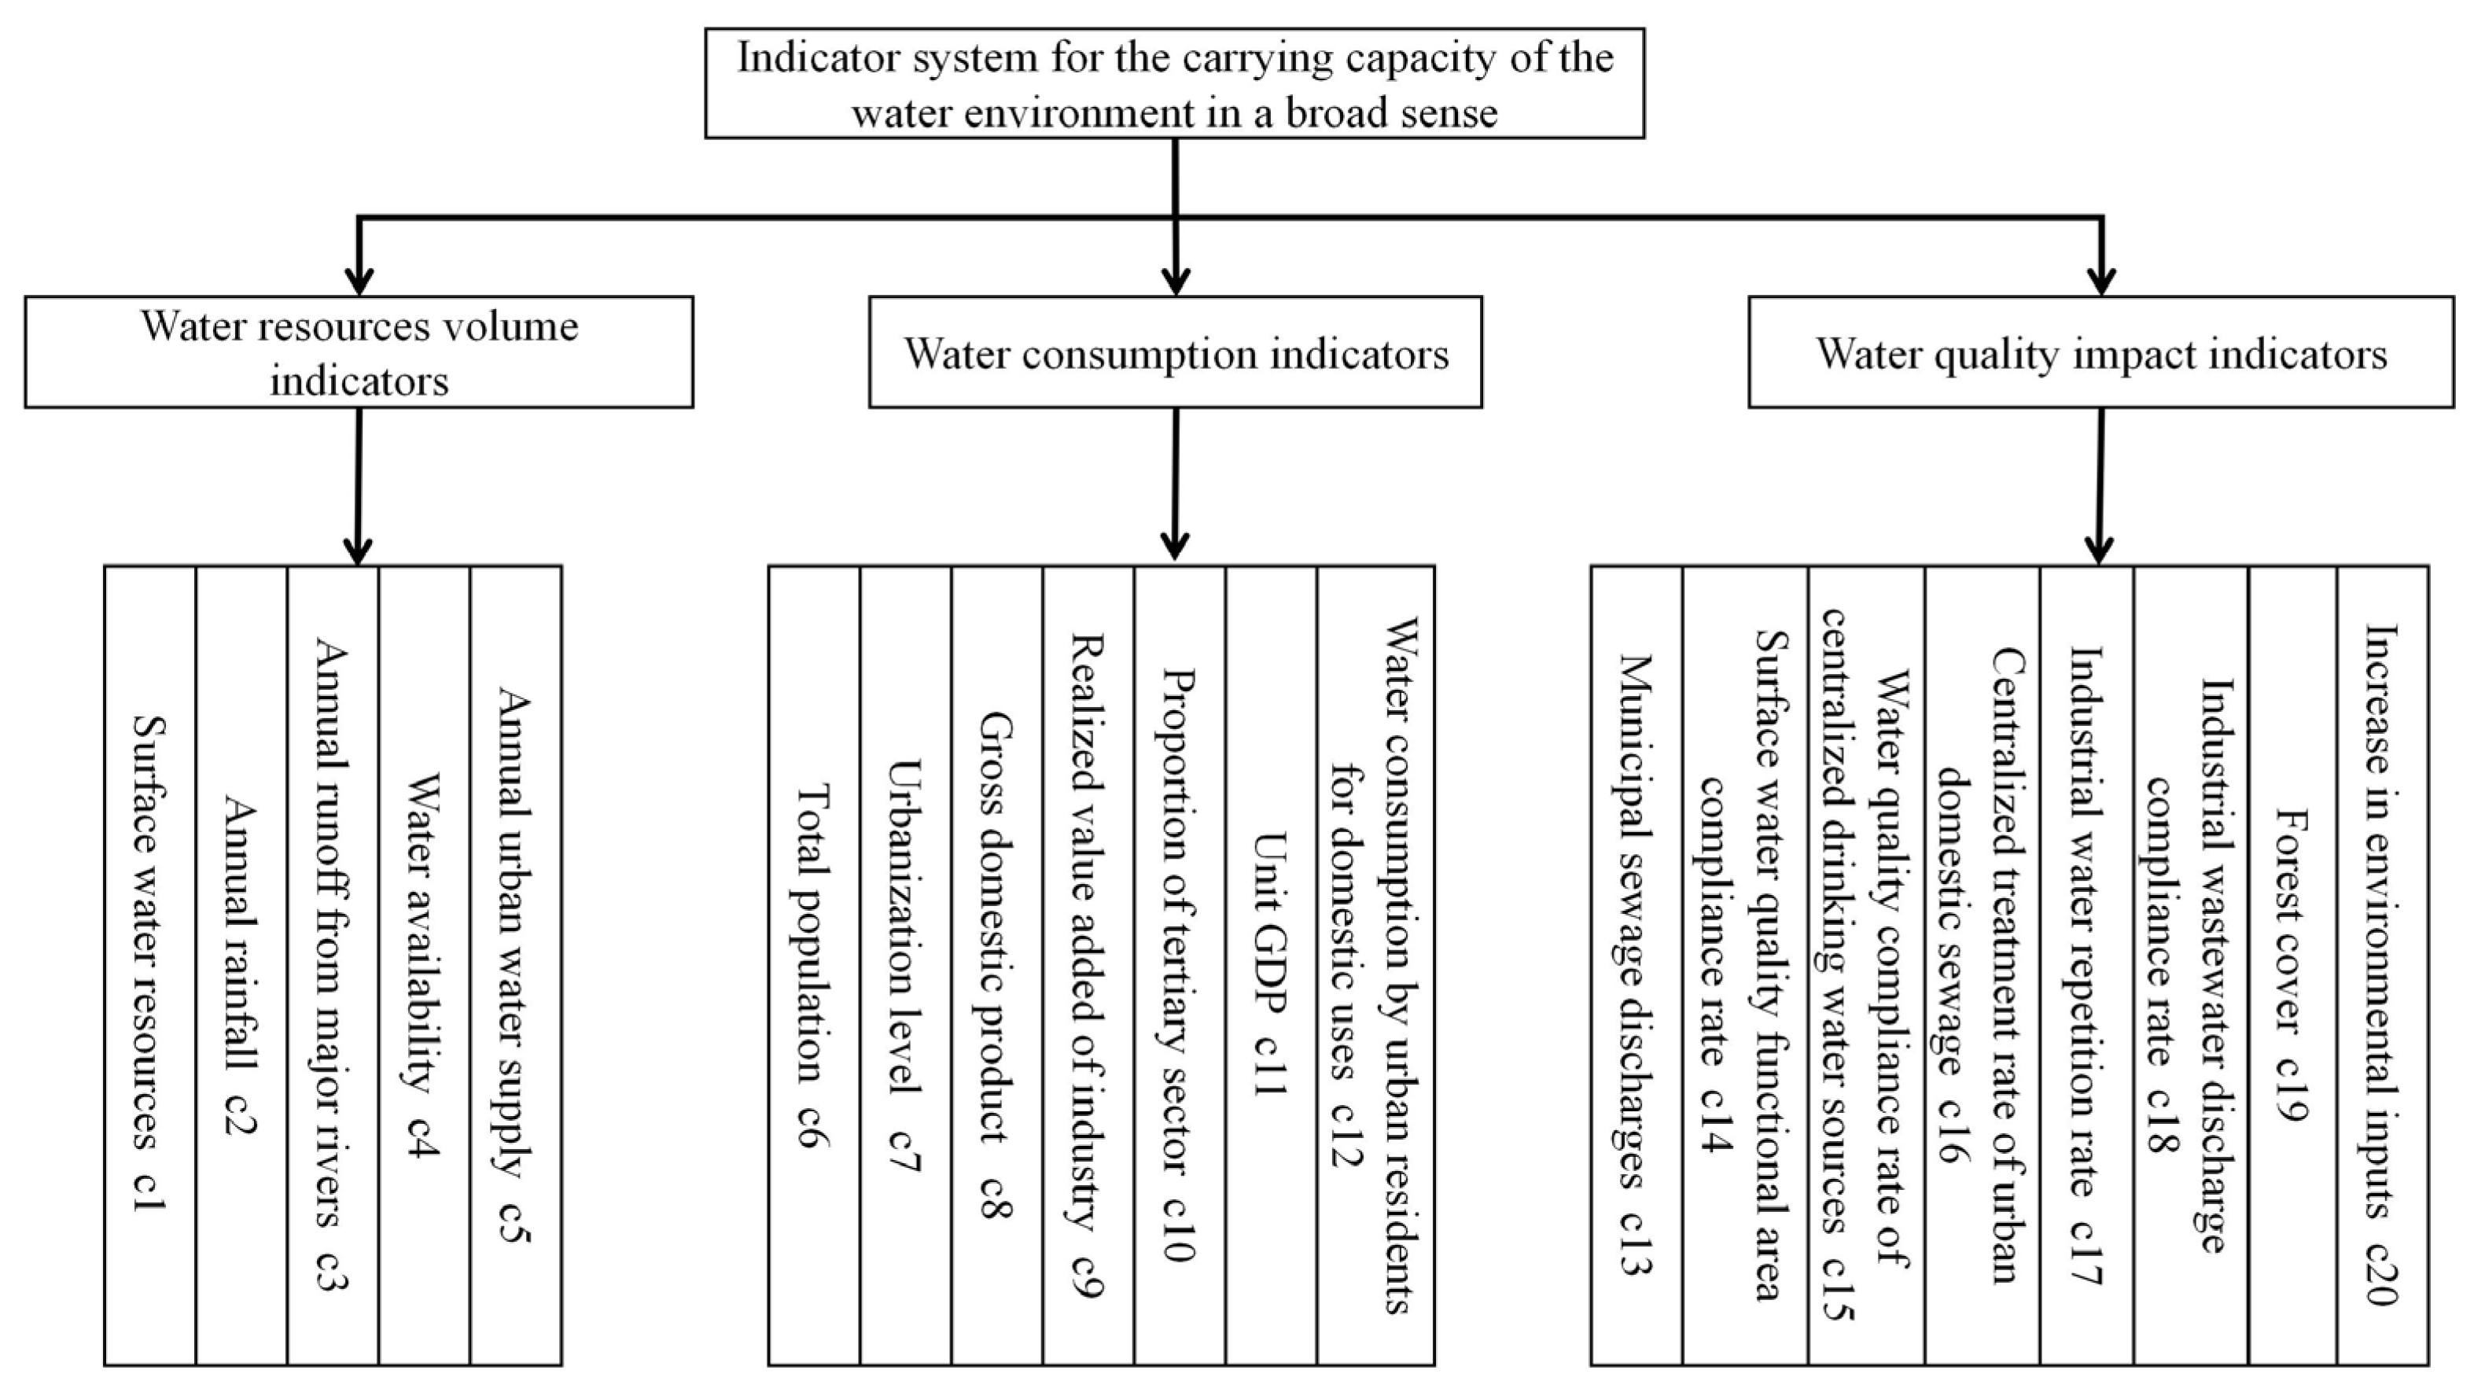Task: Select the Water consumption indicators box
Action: point(1175,352)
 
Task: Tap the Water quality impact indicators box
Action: point(2100,352)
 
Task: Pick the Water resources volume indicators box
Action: point(359,352)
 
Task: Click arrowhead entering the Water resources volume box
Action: point(359,281)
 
